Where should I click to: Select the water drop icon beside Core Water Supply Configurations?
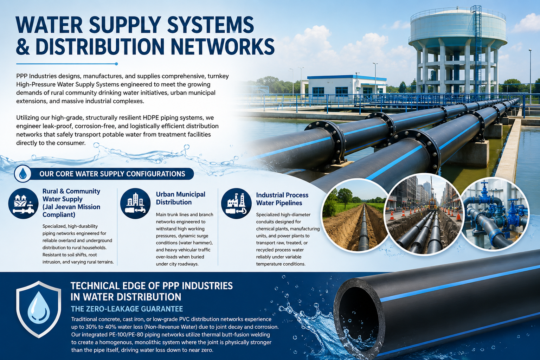23,174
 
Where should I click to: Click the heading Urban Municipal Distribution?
181,198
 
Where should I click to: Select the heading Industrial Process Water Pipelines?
282,199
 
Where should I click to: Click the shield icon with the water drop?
39,309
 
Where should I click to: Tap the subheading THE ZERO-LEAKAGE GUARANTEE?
127,309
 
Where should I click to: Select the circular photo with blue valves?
495,213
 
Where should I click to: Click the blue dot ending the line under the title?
116,64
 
